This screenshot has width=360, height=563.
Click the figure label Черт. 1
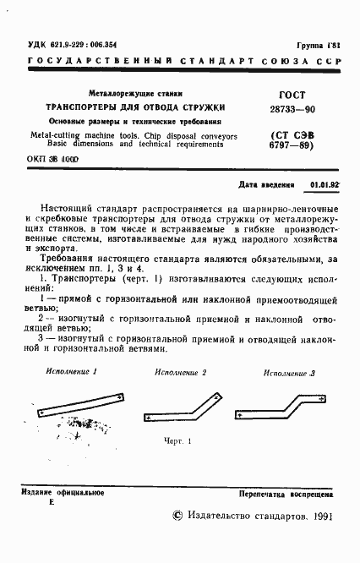179,440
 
